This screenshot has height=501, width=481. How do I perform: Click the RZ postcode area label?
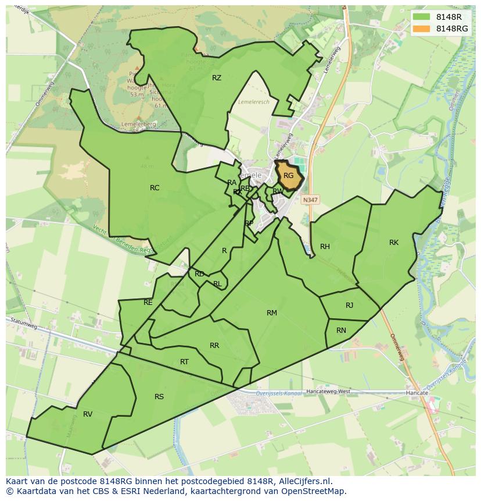pyautogui.click(x=217, y=77)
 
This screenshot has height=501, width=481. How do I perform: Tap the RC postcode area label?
pyautogui.click(x=155, y=187)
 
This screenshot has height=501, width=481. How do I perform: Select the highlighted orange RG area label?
pyautogui.click(x=289, y=175)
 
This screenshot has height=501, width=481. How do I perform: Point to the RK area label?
pyautogui.click(x=394, y=242)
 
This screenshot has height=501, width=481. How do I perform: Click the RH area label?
pyautogui.click(x=325, y=246)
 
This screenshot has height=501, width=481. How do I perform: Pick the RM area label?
pyautogui.click(x=272, y=312)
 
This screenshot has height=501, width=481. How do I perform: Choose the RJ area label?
pyautogui.click(x=349, y=305)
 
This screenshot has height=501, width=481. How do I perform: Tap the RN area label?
pyautogui.click(x=341, y=330)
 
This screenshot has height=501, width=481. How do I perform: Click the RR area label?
pyautogui.click(x=214, y=345)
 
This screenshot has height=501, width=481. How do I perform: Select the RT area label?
pyautogui.click(x=184, y=361)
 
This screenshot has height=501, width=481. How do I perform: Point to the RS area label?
pyautogui.click(x=159, y=396)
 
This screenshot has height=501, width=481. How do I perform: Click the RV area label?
pyautogui.click(x=88, y=414)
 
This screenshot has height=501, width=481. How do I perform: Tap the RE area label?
pyautogui.click(x=148, y=302)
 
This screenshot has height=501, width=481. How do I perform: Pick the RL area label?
pyautogui.click(x=217, y=284)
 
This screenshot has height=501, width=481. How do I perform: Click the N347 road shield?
pyautogui.click(x=310, y=199)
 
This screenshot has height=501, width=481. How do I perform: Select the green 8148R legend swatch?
pyautogui.click(x=421, y=16)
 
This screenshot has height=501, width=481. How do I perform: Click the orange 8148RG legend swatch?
pyautogui.click(x=421, y=29)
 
